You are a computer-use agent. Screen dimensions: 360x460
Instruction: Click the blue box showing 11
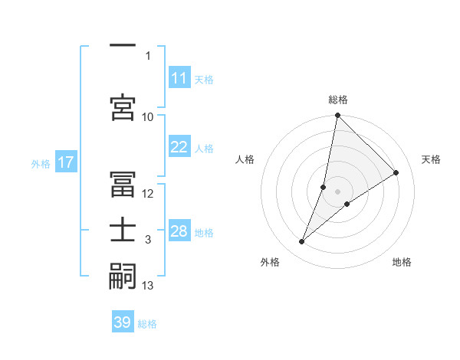click(179, 78)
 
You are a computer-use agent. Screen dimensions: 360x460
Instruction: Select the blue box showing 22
click(179, 147)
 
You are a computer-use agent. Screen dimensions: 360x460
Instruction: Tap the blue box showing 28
click(179, 231)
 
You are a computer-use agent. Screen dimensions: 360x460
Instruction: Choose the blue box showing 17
click(65, 162)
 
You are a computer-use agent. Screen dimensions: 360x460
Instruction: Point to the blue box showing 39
click(123, 322)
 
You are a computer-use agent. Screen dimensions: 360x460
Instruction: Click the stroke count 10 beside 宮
click(148, 116)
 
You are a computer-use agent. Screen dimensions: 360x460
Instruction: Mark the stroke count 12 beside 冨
click(148, 193)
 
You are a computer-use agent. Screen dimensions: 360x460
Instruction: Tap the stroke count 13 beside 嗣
click(148, 286)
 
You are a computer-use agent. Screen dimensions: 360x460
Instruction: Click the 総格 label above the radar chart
click(337, 100)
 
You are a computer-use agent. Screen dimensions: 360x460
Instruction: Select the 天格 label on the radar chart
click(431, 159)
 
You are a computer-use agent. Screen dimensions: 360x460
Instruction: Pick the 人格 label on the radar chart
click(245, 159)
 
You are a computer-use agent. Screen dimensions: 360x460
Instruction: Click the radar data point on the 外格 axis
click(302, 242)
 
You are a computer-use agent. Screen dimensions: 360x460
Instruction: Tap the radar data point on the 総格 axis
click(337, 116)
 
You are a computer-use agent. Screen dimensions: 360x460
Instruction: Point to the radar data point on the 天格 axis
click(396, 172)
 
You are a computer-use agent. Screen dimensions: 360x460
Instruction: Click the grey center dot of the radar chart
click(337, 191)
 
